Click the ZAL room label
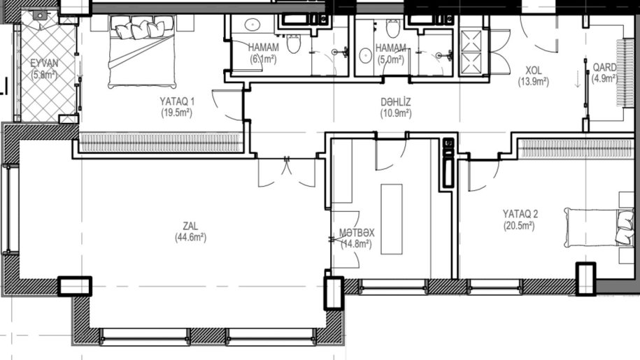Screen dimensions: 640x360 [191, 226]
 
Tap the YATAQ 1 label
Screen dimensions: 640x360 [177, 101]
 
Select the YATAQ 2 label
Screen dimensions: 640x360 [520, 214]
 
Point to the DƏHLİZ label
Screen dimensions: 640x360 [395, 101]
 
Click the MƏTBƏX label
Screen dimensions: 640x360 [357, 233]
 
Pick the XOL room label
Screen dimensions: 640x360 [534, 70]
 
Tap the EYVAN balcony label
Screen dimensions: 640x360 [44, 63]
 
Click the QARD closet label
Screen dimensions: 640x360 [604, 67]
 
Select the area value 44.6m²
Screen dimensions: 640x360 [191, 237]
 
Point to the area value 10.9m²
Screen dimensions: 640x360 [396, 113]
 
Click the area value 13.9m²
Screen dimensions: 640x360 [534, 82]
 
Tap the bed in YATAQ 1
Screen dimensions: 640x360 [141, 52]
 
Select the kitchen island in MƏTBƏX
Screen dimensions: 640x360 [392, 219]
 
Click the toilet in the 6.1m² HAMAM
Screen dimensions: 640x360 [294, 44]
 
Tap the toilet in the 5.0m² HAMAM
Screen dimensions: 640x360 [393, 28]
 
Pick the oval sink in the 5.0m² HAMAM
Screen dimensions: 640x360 [365, 55]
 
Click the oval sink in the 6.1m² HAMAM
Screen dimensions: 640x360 [253, 24]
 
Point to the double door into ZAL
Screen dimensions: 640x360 [287, 172]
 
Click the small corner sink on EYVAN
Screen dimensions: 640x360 [40, 15]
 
